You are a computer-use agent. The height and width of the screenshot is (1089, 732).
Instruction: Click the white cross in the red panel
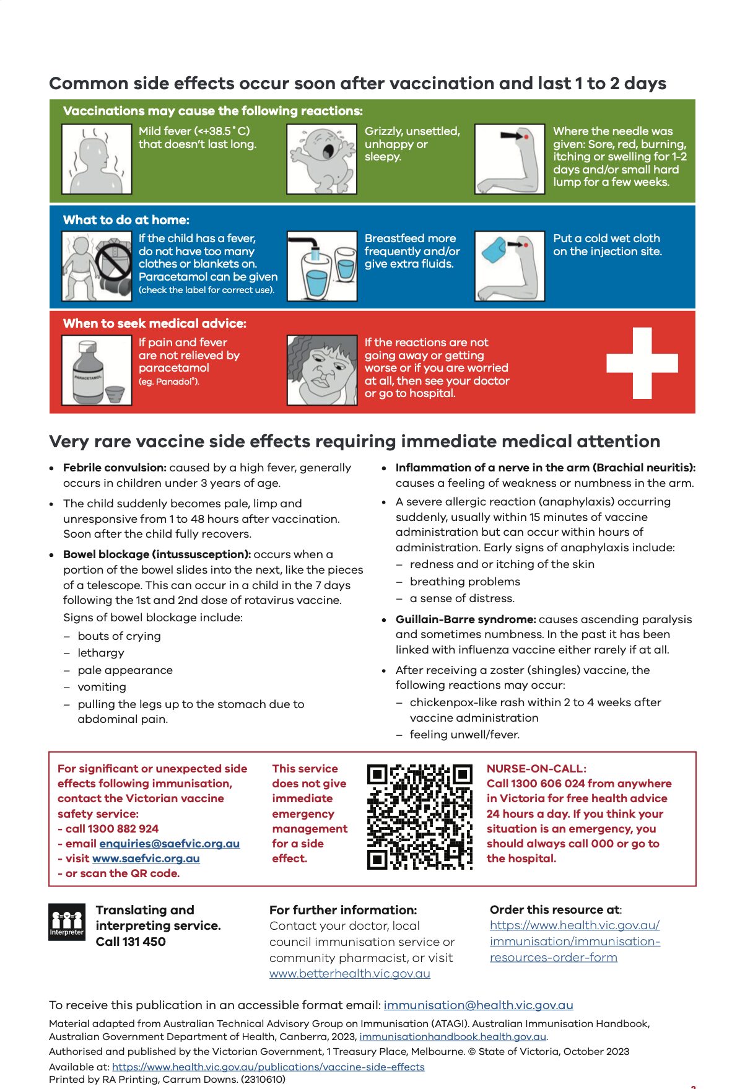tap(642, 362)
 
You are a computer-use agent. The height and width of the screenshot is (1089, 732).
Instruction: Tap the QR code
tap(419, 816)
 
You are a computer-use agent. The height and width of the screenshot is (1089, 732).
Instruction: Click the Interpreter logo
tap(67, 922)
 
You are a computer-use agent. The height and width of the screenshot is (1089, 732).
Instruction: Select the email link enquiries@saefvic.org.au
tap(169, 843)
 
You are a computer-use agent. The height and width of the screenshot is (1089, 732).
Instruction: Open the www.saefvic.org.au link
tap(146, 858)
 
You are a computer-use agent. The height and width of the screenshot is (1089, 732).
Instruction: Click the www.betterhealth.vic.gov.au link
tap(349, 973)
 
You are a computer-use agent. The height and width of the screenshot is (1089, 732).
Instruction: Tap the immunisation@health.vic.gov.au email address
tap(478, 1005)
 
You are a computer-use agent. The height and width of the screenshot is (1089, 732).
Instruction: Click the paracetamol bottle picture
tap(97, 370)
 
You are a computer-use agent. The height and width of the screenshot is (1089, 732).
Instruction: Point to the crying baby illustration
tap(321, 159)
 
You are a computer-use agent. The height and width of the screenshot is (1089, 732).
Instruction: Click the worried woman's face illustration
tap(321, 370)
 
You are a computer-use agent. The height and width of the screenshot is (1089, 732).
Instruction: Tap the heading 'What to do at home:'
tap(126, 220)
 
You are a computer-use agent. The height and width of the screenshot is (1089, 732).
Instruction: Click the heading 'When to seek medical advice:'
tap(155, 323)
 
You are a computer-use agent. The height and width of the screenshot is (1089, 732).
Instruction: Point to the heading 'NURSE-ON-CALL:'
tap(536, 768)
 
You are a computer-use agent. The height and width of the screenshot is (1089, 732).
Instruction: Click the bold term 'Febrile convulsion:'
tap(115, 468)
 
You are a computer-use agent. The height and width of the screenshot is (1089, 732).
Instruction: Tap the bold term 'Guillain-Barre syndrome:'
tap(466, 619)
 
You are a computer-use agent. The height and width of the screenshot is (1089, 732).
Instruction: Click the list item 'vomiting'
tap(102, 686)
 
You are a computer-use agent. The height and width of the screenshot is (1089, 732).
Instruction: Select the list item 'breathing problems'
tap(464, 581)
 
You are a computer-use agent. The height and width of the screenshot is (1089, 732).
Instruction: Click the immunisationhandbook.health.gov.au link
tap(453, 1036)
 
